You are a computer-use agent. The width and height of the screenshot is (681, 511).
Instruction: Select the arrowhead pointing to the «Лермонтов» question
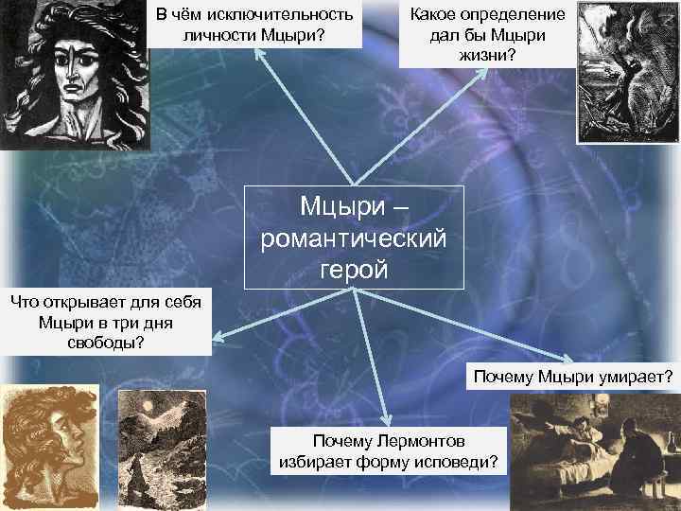pos(387,421)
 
